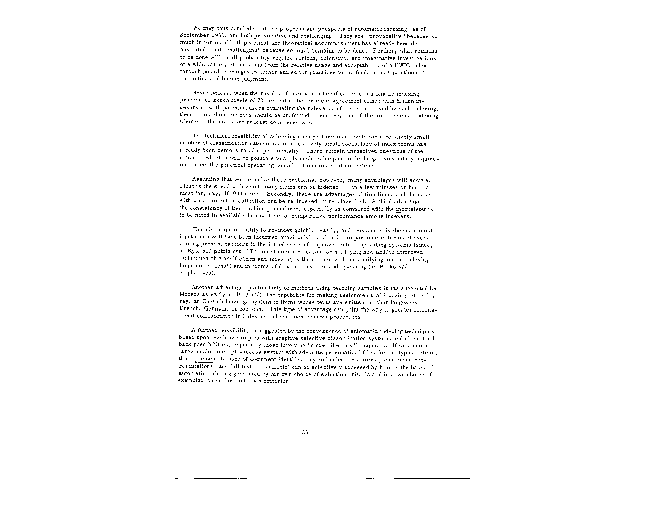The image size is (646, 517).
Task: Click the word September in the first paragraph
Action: [x=191, y=36]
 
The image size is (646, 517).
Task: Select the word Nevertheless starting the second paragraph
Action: [x=207, y=94]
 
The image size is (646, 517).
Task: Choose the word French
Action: [x=189, y=309]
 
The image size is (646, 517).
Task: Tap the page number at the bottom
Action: [x=306, y=432]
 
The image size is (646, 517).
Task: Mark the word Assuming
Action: [x=205, y=180]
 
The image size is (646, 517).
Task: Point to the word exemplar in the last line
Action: [x=189, y=381]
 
